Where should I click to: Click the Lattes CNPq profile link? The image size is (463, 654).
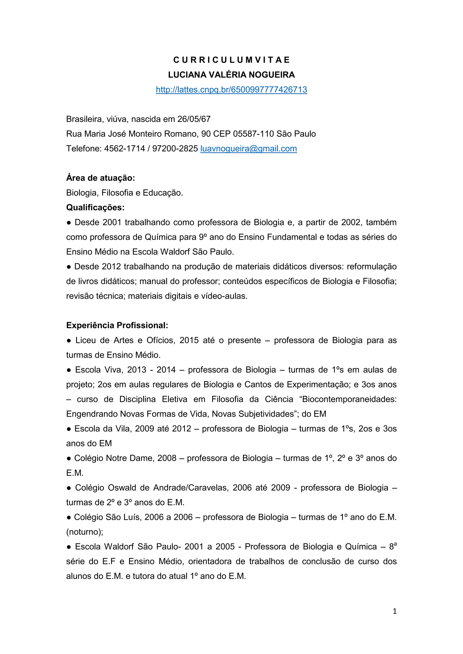(x=231, y=90)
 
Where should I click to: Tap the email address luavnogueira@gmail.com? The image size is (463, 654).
(x=249, y=148)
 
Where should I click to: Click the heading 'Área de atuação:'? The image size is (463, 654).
(x=100, y=178)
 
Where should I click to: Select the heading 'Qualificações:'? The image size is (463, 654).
(x=95, y=207)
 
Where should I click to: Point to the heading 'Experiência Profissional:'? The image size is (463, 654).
(x=117, y=325)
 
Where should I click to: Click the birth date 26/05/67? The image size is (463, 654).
(x=194, y=119)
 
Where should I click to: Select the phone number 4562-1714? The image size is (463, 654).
(x=125, y=148)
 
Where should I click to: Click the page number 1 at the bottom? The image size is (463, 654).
(x=394, y=611)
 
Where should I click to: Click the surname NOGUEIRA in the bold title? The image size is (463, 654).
(x=272, y=75)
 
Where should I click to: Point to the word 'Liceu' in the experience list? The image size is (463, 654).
(x=85, y=340)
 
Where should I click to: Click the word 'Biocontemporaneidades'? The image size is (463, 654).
(x=349, y=399)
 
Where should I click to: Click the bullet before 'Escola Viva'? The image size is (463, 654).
(x=69, y=370)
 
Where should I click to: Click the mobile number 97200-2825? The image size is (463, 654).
(x=175, y=148)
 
